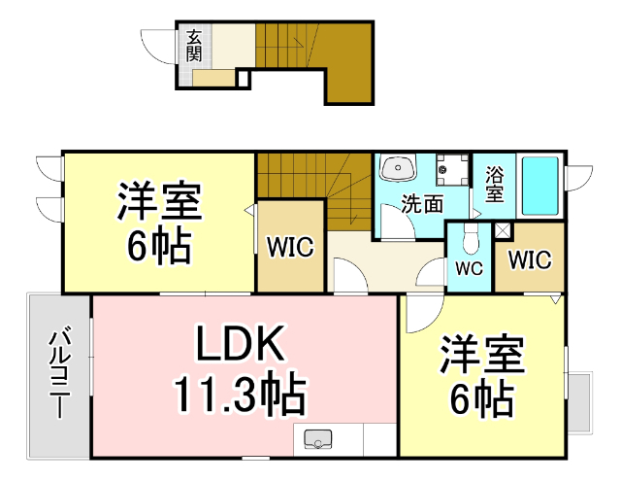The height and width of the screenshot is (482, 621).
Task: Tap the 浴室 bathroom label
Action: coord(495,185)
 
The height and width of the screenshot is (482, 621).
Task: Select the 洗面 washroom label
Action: coord(423,204)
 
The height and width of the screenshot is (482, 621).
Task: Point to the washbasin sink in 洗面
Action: coord(397,170)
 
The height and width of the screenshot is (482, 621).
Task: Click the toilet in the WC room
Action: coord(470,238)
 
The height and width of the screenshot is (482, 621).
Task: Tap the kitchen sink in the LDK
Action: coord(318,440)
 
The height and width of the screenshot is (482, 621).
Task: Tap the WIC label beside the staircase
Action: coord(290,246)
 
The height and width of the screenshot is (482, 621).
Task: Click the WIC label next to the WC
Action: coord(530,260)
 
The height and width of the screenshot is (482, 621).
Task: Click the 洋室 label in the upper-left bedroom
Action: coord(159,203)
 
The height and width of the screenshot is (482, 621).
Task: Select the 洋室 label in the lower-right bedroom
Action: coord(482,355)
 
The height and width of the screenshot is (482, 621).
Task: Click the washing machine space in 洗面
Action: coord(447,170)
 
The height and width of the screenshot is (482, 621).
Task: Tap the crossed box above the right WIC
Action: coord(503,231)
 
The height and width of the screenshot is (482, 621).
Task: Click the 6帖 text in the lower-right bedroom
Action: coord(482,398)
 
